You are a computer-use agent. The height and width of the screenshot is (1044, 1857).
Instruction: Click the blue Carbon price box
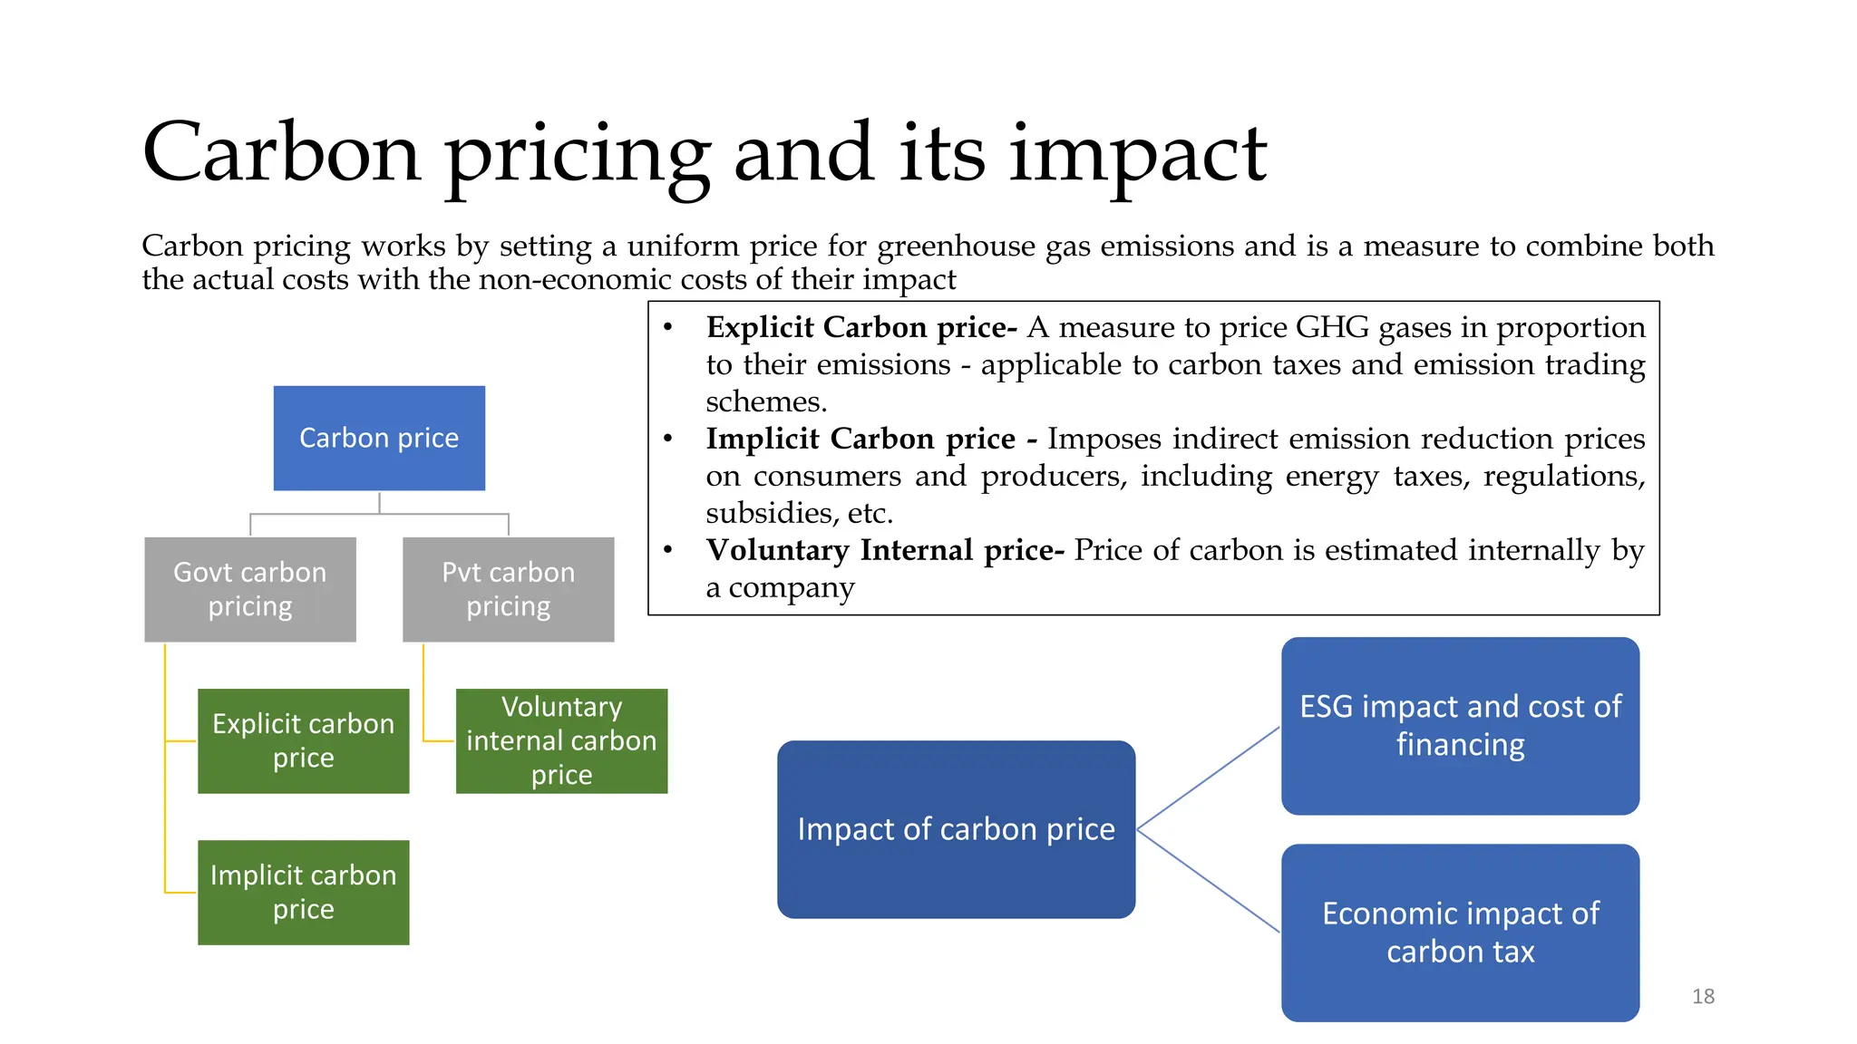(379, 439)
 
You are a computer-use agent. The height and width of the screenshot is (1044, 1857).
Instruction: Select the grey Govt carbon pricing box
(250, 589)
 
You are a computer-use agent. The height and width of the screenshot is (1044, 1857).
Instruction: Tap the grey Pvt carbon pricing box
(508, 589)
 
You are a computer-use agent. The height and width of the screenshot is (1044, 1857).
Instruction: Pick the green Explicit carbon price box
(303, 740)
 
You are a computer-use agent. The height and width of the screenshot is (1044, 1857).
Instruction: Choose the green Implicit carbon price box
(303, 892)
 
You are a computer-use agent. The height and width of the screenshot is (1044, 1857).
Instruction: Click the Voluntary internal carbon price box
(561, 740)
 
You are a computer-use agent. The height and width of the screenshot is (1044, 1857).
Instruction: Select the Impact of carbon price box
(956, 829)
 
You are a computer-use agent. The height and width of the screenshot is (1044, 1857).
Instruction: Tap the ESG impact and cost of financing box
(1460, 725)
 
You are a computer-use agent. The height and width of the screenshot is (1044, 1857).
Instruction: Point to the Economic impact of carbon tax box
(1460, 933)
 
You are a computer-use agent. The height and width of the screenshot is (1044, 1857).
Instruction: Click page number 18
(1703, 996)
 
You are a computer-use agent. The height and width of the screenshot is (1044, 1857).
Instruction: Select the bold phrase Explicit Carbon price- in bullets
(860, 327)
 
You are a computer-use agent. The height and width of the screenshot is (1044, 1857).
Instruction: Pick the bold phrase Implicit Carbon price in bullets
(860, 439)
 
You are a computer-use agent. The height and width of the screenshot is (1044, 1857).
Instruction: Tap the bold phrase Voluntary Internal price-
(884, 550)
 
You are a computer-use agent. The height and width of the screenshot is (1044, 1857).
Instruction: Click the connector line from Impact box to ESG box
(1208, 778)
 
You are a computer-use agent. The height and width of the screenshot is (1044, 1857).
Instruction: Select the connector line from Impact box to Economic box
(1208, 881)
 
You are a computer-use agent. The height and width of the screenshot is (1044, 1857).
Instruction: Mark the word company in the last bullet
(792, 588)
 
